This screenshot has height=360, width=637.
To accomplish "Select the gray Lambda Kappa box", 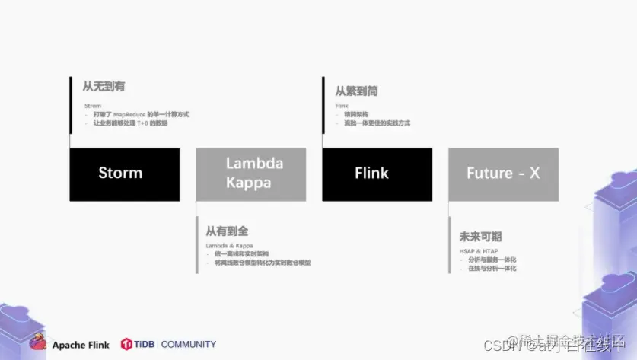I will [251, 174].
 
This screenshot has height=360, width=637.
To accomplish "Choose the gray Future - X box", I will [503, 174].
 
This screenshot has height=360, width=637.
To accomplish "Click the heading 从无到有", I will [104, 88].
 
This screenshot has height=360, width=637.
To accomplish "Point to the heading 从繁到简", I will [356, 91].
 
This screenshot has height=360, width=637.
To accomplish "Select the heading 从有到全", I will [228, 231].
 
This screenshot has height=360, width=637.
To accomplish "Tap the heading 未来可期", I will [480, 237].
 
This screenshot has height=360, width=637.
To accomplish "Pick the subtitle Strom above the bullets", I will [92, 106].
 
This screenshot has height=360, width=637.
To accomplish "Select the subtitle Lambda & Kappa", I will [229, 246].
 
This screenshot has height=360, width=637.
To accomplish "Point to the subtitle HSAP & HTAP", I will [478, 251].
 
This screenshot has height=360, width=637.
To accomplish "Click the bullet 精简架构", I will [356, 114].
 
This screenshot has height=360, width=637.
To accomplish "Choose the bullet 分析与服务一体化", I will [492, 260].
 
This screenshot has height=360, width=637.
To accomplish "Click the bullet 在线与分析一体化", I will [492, 268].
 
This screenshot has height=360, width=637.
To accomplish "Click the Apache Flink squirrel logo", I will [38, 343].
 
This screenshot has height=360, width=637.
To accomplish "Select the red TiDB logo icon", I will [126, 344].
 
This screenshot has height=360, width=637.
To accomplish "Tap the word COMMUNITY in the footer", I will [189, 344].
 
